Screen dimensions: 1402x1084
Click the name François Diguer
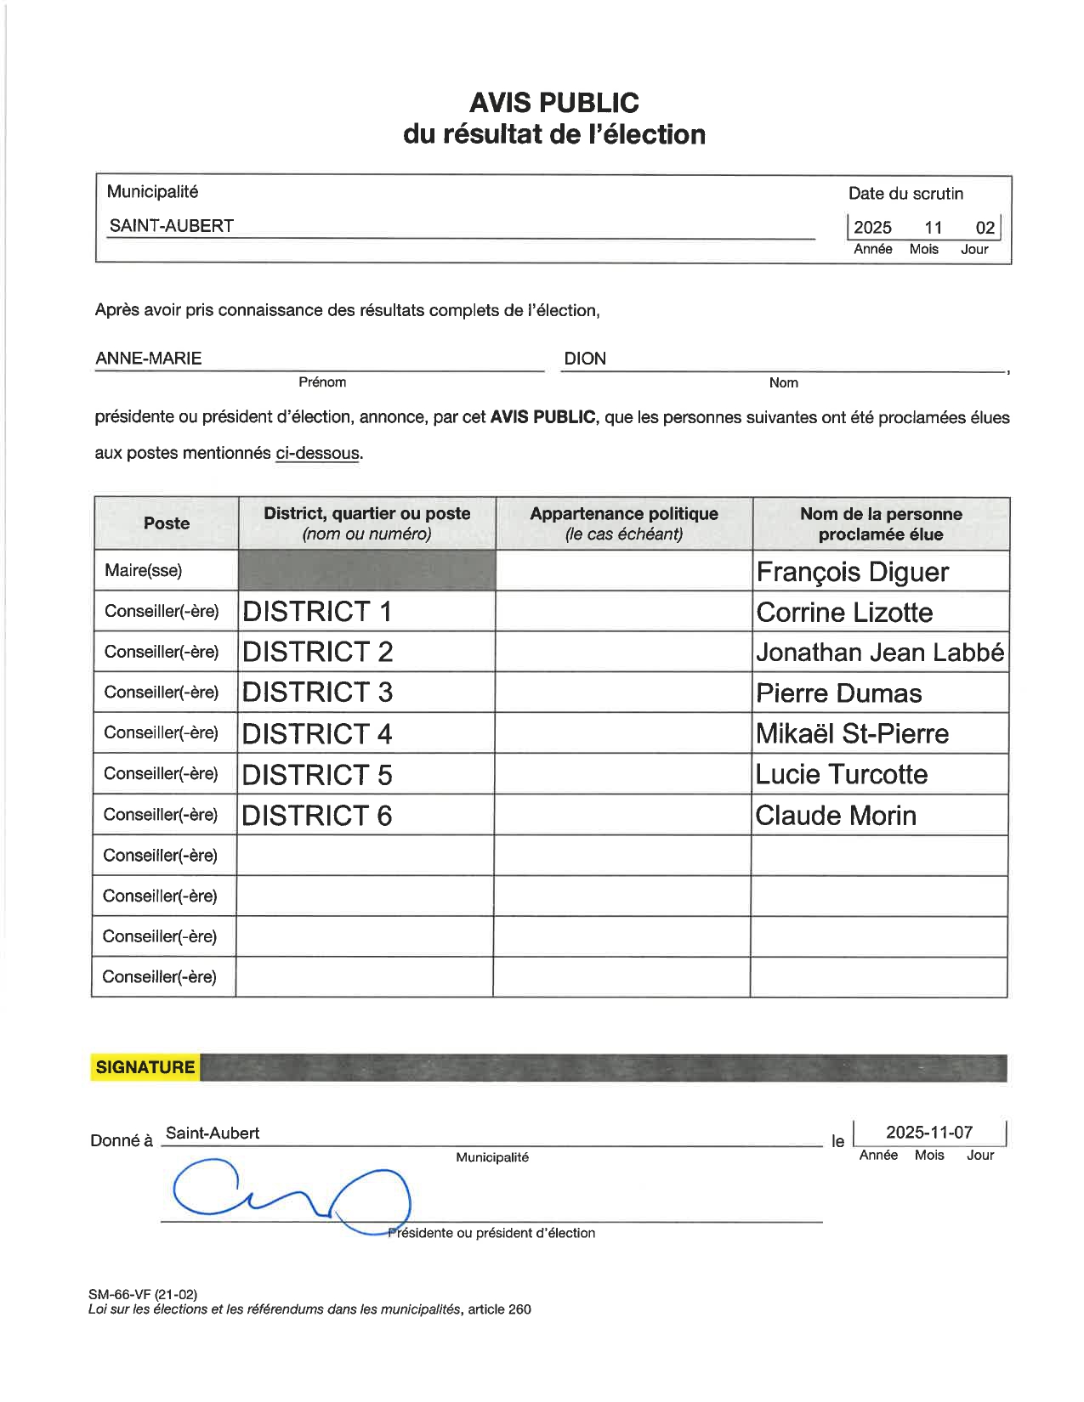click(x=852, y=572)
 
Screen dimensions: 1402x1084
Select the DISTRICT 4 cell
click(x=317, y=733)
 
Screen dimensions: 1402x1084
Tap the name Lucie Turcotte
click(x=841, y=774)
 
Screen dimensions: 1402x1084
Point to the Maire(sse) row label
click(x=143, y=570)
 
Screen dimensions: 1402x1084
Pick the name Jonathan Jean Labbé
click(x=880, y=652)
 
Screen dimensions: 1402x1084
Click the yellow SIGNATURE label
click(x=145, y=1067)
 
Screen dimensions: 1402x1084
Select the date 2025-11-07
click(x=928, y=1132)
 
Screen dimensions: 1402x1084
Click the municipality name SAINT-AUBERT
click(x=171, y=226)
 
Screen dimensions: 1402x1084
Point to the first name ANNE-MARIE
click(x=149, y=359)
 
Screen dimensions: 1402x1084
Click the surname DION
click(x=585, y=359)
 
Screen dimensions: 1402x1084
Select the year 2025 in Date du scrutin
click(x=872, y=228)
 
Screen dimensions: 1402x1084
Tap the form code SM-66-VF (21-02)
click(x=143, y=1294)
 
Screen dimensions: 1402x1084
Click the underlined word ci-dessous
click(x=317, y=453)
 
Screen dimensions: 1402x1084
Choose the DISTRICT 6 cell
click(x=317, y=815)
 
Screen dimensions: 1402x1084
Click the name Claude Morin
click(x=836, y=815)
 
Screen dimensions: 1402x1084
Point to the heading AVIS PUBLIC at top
click(x=553, y=103)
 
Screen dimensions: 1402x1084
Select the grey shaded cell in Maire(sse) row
click(x=366, y=570)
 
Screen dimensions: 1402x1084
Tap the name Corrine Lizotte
click(x=844, y=612)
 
